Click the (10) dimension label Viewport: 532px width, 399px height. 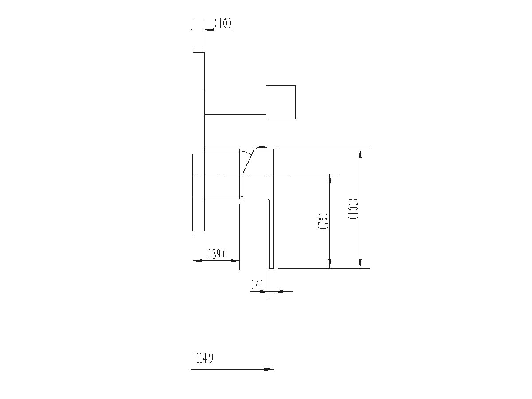[223, 23]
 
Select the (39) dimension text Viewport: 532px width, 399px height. [216, 254]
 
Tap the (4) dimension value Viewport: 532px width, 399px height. [257, 285]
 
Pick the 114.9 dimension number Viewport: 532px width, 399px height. [205, 358]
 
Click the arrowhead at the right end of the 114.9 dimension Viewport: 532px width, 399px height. [269, 369]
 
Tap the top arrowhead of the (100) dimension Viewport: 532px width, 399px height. [360, 153]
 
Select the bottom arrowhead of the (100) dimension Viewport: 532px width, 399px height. [360, 263]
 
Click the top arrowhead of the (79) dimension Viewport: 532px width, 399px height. [329, 178]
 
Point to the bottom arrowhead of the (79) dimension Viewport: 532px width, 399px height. [329, 263]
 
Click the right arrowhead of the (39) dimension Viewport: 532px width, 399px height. [235, 261]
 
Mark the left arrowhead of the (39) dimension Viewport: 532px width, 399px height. [198, 261]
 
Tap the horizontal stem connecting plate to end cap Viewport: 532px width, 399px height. [235, 102]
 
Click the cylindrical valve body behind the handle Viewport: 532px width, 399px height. [223, 174]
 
